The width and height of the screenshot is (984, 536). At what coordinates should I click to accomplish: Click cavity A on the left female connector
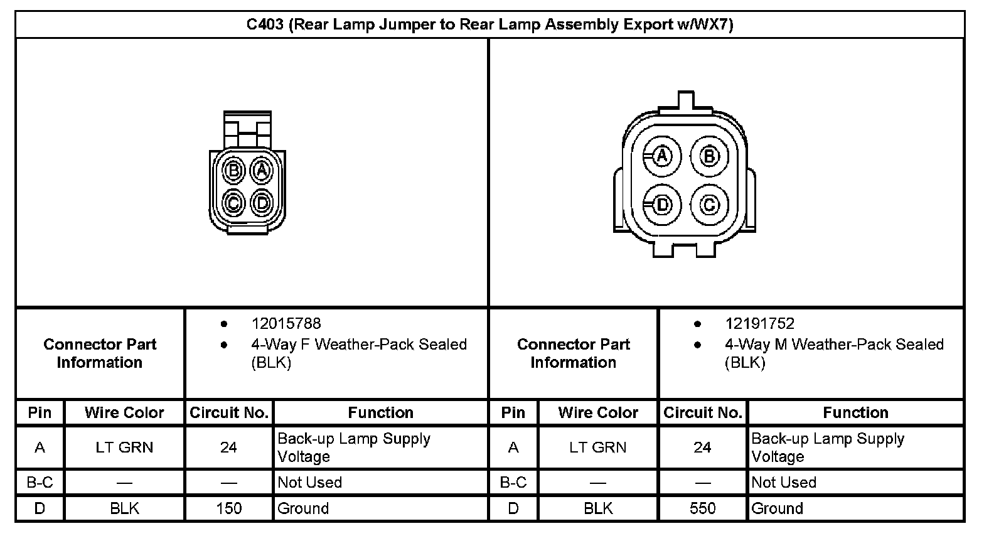click(x=262, y=170)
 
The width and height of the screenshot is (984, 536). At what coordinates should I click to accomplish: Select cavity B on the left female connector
click(x=233, y=170)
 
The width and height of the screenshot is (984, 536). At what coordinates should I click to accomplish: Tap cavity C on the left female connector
click(x=233, y=203)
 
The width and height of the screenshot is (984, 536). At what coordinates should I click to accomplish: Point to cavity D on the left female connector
click(x=262, y=203)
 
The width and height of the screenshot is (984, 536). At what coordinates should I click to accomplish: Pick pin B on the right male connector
click(x=709, y=156)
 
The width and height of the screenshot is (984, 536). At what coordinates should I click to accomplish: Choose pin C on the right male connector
click(x=709, y=205)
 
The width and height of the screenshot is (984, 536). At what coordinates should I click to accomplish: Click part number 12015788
click(x=286, y=324)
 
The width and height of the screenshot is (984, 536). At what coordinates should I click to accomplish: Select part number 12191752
click(x=759, y=324)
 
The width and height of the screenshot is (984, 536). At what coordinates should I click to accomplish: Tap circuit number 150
click(x=228, y=508)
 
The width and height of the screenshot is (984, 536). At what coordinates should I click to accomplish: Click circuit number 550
click(x=702, y=508)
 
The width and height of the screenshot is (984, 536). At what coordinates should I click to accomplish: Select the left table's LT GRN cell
click(x=124, y=448)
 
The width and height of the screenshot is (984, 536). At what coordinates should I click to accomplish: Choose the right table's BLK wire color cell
click(x=597, y=508)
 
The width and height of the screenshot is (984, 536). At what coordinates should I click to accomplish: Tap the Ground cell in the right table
click(x=777, y=508)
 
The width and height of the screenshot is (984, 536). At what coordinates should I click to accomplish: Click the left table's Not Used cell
click(x=309, y=483)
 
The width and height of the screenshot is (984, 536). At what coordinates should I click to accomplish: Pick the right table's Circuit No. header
click(x=703, y=413)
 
